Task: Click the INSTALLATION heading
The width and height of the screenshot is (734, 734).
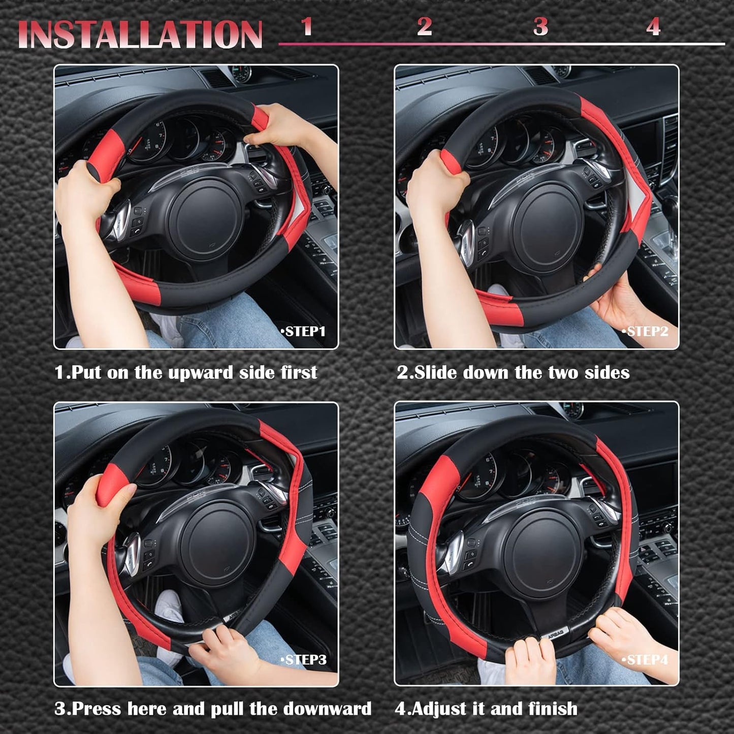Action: pyautogui.click(x=140, y=35)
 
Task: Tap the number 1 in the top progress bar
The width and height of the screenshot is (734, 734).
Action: pyautogui.click(x=306, y=26)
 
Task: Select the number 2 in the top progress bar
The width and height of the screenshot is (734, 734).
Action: pyautogui.click(x=424, y=26)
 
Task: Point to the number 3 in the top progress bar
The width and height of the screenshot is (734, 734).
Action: pyautogui.click(x=540, y=26)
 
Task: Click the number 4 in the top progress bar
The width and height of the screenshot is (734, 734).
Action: pyautogui.click(x=653, y=26)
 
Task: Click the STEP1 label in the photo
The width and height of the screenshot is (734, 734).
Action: pyautogui.click(x=304, y=332)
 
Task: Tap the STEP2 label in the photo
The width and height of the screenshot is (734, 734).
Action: pyautogui.click(x=646, y=332)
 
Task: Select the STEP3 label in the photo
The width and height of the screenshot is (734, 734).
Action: pyautogui.click(x=304, y=660)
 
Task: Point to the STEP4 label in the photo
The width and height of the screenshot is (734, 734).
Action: pyautogui.click(x=646, y=660)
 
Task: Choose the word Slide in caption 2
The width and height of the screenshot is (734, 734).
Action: pyautogui.click(x=436, y=373)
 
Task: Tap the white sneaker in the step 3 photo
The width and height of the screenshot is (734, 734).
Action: pyautogui.click(x=169, y=607)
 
